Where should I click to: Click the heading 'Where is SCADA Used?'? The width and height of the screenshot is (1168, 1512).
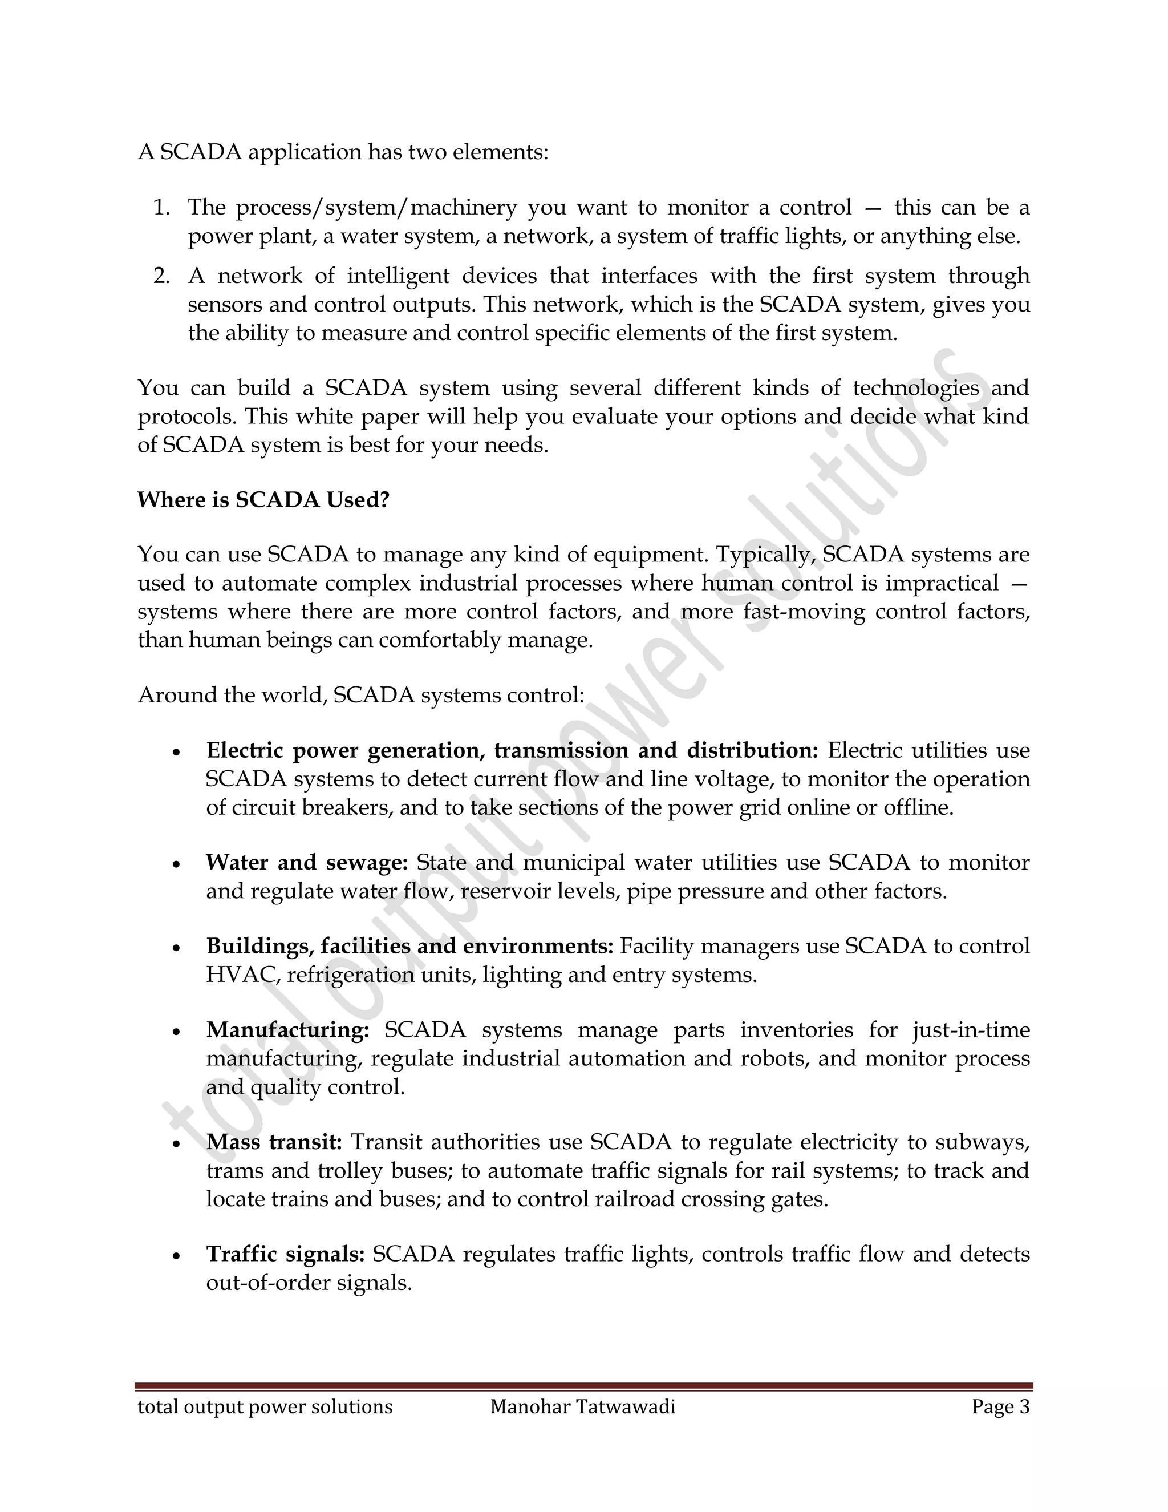tap(263, 500)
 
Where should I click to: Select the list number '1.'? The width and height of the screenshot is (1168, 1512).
tap(161, 207)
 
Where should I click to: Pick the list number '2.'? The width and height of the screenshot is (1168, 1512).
tap(161, 276)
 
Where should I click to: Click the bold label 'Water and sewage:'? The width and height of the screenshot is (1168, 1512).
tap(307, 863)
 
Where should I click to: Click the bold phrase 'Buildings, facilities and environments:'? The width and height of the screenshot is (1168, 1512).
tap(409, 947)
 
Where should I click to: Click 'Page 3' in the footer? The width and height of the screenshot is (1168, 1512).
tap(1000, 1408)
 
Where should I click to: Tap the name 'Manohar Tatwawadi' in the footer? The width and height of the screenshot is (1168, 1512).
tap(583, 1408)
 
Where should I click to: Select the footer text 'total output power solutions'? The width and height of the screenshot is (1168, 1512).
tap(265, 1408)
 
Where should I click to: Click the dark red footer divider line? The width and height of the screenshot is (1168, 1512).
tap(583, 1386)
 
